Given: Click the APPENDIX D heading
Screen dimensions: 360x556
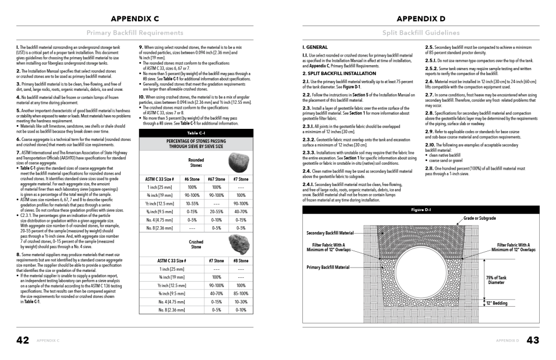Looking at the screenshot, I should click(x=421, y=18).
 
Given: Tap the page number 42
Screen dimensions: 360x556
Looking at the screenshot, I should click(x=22, y=340).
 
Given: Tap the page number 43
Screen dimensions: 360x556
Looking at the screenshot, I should click(x=533, y=340).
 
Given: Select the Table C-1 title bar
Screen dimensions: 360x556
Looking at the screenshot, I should click(x=196, y=133).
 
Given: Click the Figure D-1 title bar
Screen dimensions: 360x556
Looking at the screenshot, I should click(x=421, y=209).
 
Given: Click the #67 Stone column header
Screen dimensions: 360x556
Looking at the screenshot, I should click(x=216, y=178).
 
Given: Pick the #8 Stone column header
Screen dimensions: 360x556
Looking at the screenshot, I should click(x=241, y=260).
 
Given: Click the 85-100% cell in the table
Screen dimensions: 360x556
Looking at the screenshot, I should click(x=241, y=293).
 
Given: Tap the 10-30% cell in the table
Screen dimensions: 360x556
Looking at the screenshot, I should click(x=241, y=301).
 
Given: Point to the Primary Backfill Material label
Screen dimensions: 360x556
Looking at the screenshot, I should click(x=328, y=268).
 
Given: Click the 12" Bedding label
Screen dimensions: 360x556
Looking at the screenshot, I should click(x=497, y=303).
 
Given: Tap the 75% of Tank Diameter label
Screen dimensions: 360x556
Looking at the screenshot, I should click(x=496, y=280).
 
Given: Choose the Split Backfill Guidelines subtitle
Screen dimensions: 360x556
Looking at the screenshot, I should click(x=421, y=33).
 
